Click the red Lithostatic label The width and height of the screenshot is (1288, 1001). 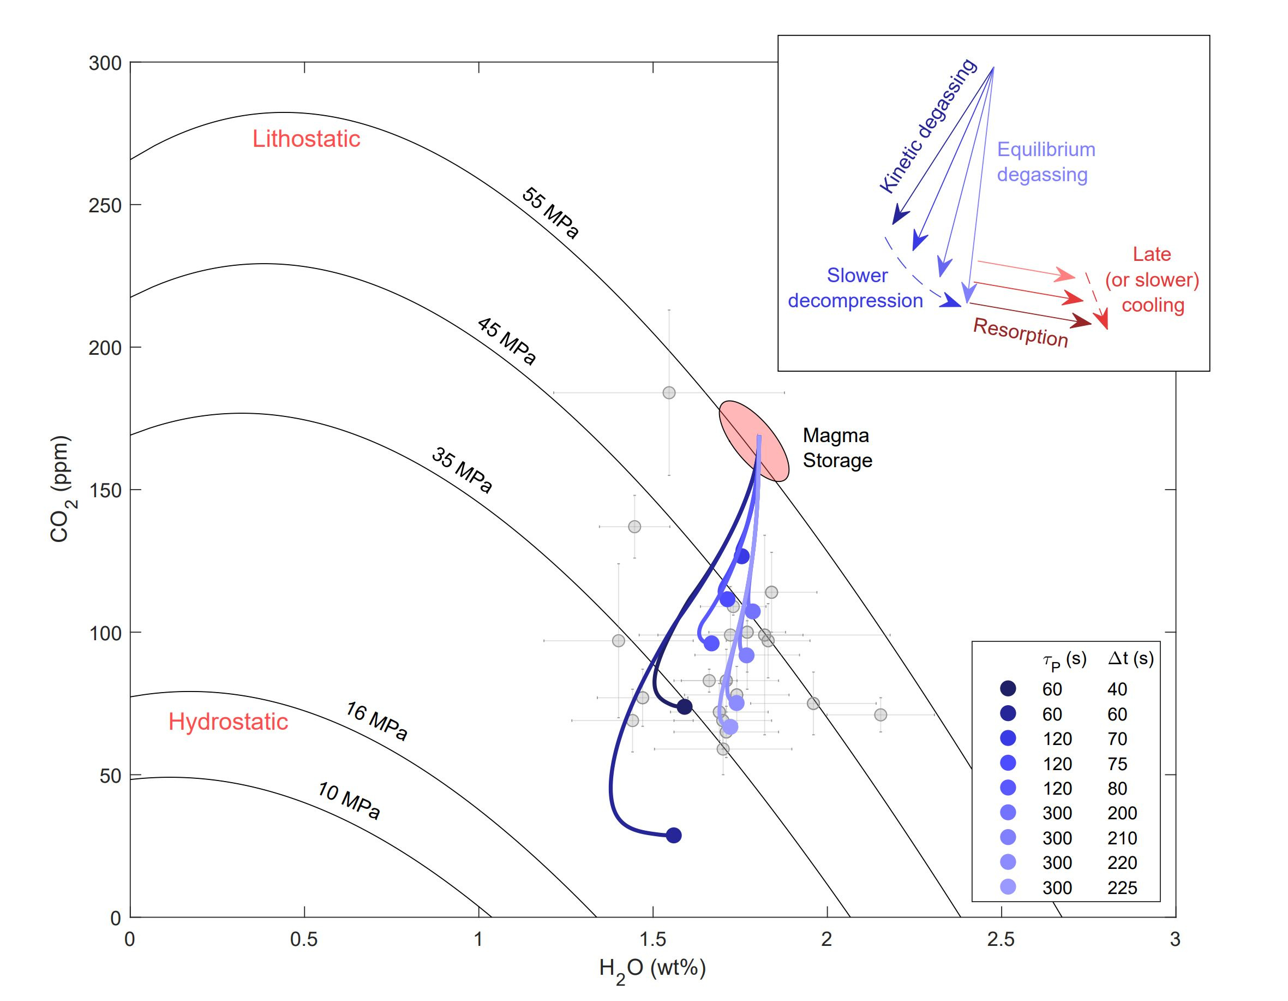(306, 139)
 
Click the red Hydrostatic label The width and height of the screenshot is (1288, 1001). (228, 722)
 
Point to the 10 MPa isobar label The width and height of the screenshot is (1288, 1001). (349, 801)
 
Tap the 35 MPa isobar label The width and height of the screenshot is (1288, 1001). (462, 470)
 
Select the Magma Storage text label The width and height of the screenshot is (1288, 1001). (837, 448)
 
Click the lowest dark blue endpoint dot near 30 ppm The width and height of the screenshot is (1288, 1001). (674, 835)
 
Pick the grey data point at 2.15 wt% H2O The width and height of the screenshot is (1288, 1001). (880, 715)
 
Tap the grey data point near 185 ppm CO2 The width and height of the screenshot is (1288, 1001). (669, 393)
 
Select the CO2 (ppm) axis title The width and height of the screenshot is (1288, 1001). (61, 489)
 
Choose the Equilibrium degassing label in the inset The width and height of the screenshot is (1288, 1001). (1045, 162)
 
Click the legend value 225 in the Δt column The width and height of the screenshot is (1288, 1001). (1122, 887)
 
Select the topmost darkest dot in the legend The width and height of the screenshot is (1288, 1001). (1008, 688)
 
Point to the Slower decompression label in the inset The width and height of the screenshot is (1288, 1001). (856, 288)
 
